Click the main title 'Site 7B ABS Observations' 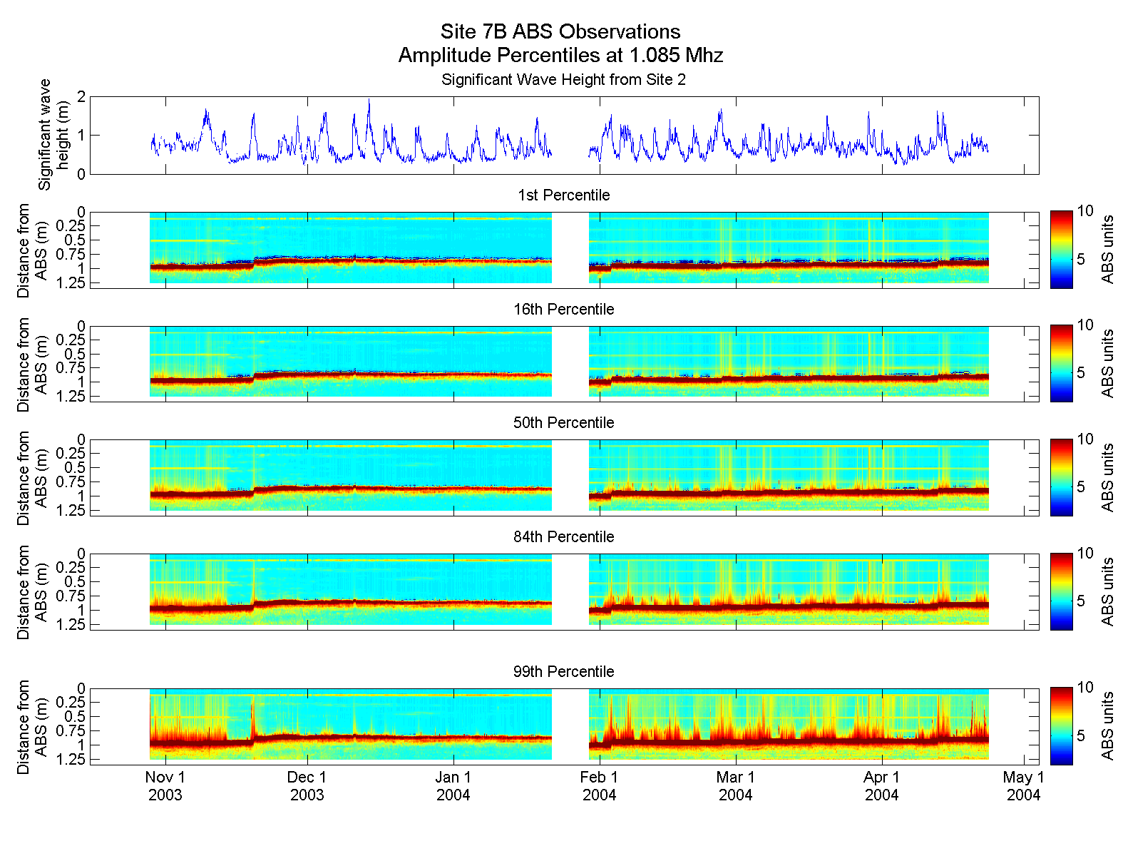tap(560, 31)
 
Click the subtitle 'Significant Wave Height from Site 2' tap(563, 79)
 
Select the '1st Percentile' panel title tap(563, 195)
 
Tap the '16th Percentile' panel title tap(563, 309)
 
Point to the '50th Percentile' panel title tap(563, 422)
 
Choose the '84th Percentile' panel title tap(563, 536)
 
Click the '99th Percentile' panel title tap(563, 671)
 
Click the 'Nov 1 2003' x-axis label tap(165, 786)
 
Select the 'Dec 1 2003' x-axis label tap(307, 786)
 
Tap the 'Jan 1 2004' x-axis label tap(453, 786)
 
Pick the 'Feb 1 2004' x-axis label tap(599, 786)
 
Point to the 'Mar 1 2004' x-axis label tap(735, 786)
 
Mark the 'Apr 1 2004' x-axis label tap(881, 786)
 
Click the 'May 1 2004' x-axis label tap(1023, 786)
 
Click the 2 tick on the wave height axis tap(81, 96)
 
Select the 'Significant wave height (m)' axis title tap(54, 135)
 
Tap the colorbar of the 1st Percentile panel tap(1061, 250)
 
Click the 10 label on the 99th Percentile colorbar tap(1085, 687)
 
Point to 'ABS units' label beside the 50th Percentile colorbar tap(1107, 477)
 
